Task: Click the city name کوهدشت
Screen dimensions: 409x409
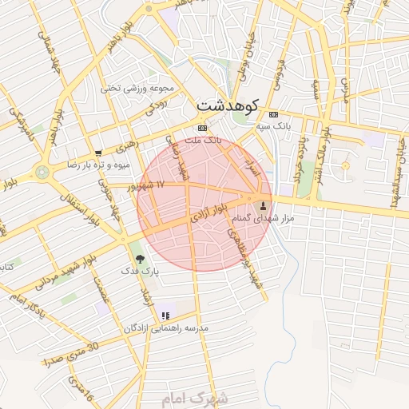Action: click(227, 105)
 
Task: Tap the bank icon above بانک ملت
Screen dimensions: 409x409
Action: click(202, 128)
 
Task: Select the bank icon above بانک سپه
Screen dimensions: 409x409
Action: click(275, 113)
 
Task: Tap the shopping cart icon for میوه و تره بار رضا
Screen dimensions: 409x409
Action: click(98, 153)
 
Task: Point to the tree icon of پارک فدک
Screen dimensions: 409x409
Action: click(141, 258)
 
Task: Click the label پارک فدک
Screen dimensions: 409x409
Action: click(141, 272)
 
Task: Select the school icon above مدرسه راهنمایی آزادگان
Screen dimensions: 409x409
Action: click(165, 316)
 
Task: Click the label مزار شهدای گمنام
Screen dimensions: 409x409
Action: click(264, 218)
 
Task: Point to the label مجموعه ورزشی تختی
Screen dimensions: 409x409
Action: click(142, 88)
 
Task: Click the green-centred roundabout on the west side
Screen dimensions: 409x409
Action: click(42, 171)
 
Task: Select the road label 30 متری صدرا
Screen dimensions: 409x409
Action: click(70, 352)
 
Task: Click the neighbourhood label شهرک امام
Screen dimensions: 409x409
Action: click(201, 397)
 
